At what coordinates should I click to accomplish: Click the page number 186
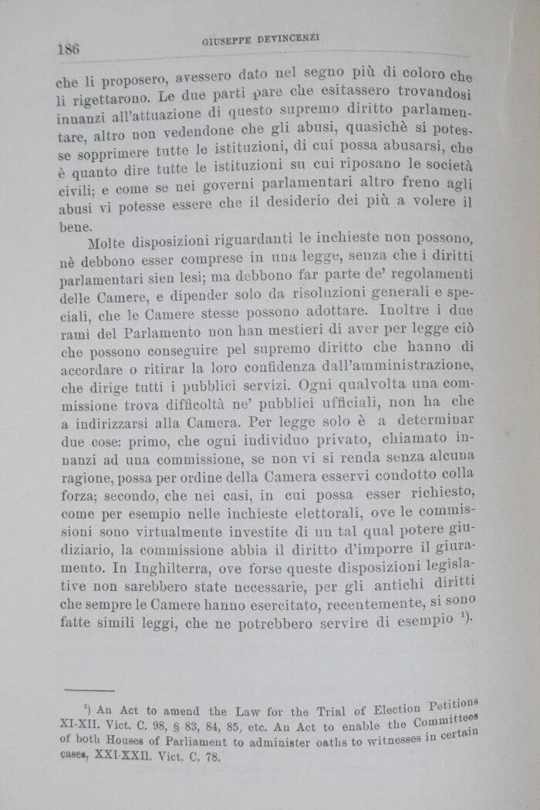pos(69,49)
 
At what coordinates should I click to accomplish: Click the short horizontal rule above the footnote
pos(89,690)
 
